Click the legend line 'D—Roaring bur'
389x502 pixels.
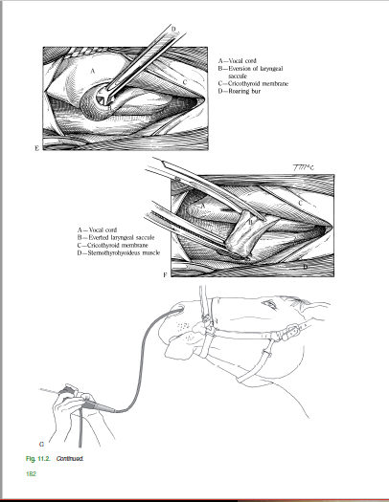tap(240, 91)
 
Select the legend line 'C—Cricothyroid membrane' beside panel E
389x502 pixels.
tap(253, 83)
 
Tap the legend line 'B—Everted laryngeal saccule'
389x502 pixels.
tap(116, 237)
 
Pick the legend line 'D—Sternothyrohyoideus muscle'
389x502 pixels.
tap(119, 253)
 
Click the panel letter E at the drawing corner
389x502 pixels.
tap(36, 148)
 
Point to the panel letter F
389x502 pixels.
tap(165, 275)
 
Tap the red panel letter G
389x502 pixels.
tap(41, 445)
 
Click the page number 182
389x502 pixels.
tap(31, 474)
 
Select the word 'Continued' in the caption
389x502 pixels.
tap(70, 458)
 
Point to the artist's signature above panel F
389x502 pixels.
tap(303, 167)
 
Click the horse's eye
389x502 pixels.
tap(269, 303)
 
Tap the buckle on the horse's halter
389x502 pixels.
tap(292, 331)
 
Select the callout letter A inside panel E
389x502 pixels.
tap(93, 71)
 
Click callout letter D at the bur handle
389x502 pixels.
tap(173, 29)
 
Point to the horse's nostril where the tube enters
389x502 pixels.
tap(178, 309)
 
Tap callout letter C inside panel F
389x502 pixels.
tap(300, 203)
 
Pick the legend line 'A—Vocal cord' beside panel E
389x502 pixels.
tap(238, 60)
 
